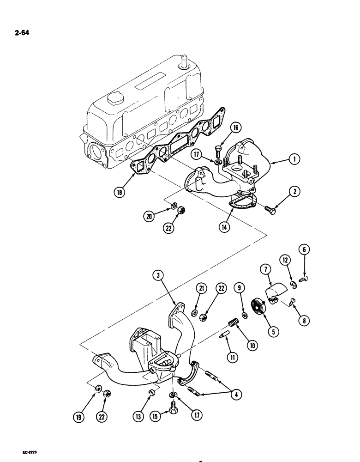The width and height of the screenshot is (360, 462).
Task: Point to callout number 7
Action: (267, 268)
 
